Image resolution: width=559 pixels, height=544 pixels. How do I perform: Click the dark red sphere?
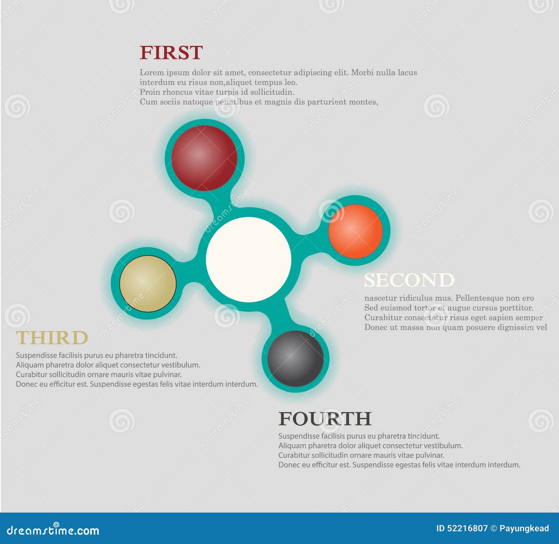pyautogui.click(x=204, y=158)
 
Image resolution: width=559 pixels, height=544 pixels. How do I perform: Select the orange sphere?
pyautogui.click(x=356, y=231)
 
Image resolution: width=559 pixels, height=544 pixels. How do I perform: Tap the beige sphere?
pyautogui.click(x=148, y=284)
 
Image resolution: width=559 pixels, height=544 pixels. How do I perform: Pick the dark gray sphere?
pyautogui.click(x=296, y=359)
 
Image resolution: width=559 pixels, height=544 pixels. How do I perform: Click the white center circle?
pyautogui.click(x=248, y=259)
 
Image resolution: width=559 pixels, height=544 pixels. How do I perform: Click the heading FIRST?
pyautogui.click(x=171, y=53)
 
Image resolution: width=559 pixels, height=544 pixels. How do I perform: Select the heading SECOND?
pyautogui.click(x=409, y=280)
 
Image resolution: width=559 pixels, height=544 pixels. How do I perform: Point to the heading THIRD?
pyautogui.click(x=52, y=338)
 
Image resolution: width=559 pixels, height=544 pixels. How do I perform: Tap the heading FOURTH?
pyautogui.click(x=325, y=419)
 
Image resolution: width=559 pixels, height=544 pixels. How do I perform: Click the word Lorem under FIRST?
pyautogui.click(x=152, y=73)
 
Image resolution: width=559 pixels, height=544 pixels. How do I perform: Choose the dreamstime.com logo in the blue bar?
pyautogui.click(x=53, y=530)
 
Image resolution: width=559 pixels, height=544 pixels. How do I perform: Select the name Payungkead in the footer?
pyautogui.click(x=524, y=529)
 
